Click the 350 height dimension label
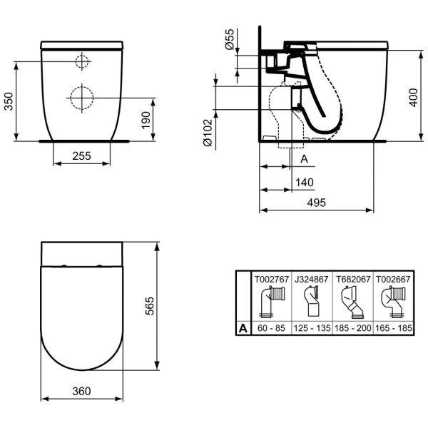point(9,101)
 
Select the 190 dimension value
point(146,120)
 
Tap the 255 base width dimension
point(81,156)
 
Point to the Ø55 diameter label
point(230,39)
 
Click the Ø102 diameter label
point(208,133)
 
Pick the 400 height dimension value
point(413,98)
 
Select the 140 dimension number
point(305,183)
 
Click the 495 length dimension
point(316,203)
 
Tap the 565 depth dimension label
point(150,306)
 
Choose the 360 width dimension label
point(81,391)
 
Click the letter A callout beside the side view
point(304,158)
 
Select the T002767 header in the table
point(272,279)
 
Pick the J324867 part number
point(312,279)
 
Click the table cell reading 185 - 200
point(353,328)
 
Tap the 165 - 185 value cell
point(394,328)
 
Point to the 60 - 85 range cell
point(271,328)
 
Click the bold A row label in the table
point(243,328)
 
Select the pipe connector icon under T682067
point(352,302)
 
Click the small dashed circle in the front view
point(82,61)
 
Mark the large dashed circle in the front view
point(82,98)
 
